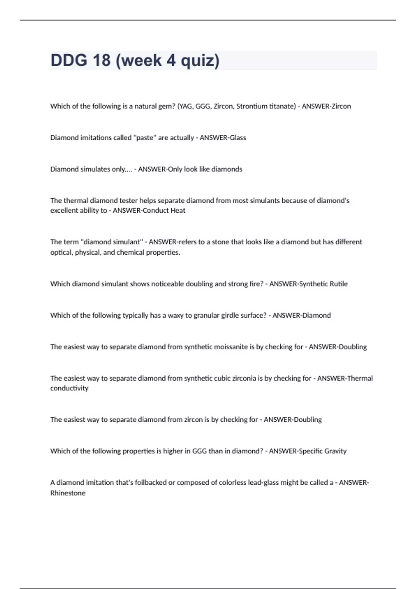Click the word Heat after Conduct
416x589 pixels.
178,211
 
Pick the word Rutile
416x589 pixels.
339,284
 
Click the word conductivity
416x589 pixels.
69,388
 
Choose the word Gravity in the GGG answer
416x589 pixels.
335,451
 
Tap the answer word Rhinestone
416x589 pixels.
68,493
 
